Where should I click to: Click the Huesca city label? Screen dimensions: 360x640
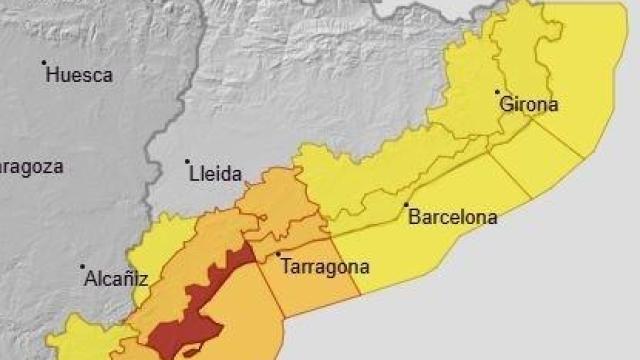[x=80, y=75]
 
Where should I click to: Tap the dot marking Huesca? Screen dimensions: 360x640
[x=44, y=63]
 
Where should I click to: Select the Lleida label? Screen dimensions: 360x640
[x=216, y=174]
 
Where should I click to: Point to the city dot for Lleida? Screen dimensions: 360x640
[x=187, y=161]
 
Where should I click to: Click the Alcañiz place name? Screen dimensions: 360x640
[x=117, y=279]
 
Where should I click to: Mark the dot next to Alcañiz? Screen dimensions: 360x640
[x=82, y=267]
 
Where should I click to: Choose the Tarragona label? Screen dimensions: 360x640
[x=326, y=267]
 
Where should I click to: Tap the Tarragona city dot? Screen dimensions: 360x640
[x=278, y=254]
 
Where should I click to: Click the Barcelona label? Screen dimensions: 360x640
[x=453, y=217]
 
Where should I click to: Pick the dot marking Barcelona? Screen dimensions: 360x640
[x=406, y=205]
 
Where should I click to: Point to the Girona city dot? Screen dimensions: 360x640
[x=497, y=92]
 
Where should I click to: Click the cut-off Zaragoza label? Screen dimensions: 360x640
[x=30, y=166]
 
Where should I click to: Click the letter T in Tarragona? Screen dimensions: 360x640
[x=288, y=267]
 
